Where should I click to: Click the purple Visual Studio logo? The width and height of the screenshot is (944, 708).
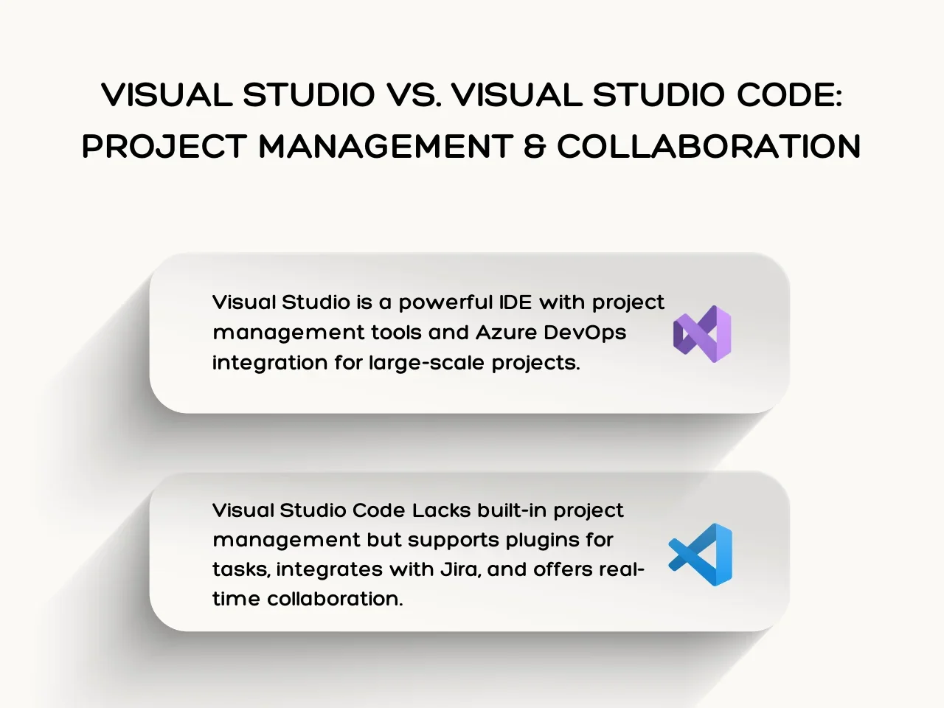click(702, 334)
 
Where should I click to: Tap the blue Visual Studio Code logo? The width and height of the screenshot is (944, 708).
click(700, 555)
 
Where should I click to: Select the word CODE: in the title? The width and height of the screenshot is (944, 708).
click(789, 94)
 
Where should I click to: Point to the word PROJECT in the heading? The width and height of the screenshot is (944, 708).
click(164, 146)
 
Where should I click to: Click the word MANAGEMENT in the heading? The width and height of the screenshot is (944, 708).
click(386, 146)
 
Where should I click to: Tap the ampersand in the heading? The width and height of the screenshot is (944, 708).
click(535, 146)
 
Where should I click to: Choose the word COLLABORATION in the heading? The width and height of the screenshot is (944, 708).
click(709, 146)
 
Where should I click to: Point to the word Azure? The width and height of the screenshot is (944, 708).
click(506, 333)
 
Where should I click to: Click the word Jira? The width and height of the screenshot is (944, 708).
click(459, 570)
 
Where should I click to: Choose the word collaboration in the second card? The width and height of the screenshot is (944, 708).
click(335, 598)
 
